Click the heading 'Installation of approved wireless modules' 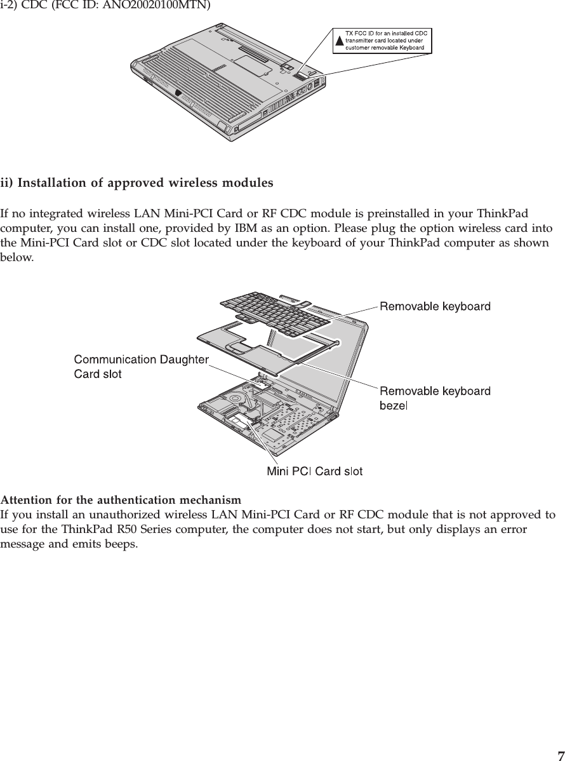pyautogui.click(x=146, y=184)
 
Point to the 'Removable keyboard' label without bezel pyautogui.click(x=435, y=307)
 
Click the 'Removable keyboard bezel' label pyautogui.click(x=435, y=397)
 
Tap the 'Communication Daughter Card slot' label pyautogui.click(x=141, y=367)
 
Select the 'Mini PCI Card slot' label pyautogui.click(x=314, y=471)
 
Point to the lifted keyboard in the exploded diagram pyautogui.click(x=279, y=311)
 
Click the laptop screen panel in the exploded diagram pyautogui.click(x=356, y=362)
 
